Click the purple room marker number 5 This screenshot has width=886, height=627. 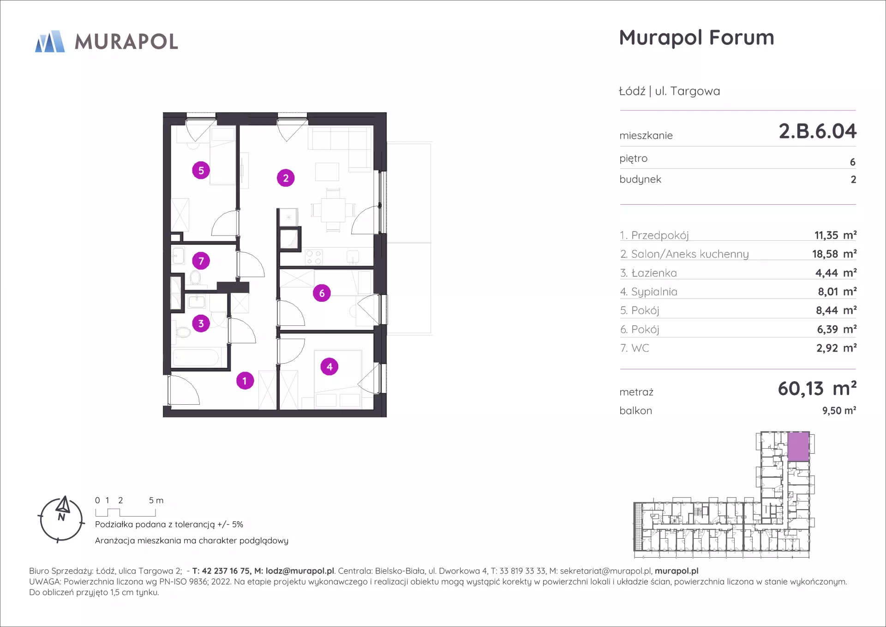tap(201, 170)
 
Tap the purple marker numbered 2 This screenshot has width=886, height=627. tap(286, 178)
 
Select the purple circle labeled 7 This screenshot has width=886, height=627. tap(201, 261)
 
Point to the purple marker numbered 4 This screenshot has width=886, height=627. tap(329, 367)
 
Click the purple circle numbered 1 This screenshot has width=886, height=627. tap(245, 381)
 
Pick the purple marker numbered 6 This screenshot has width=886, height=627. tap(322, 293)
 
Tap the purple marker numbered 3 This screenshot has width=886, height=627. tap(201, 323)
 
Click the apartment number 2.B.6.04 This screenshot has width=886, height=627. tap(817, 131)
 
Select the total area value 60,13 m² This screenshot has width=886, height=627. tap(817, 389)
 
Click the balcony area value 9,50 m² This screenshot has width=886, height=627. tap(839, 410)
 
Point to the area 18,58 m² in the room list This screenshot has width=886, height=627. tap(834, 254)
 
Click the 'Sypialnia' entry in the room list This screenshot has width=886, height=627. tap(654, 292)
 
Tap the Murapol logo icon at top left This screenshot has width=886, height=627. tap(50, 42)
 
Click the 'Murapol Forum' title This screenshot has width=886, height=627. tap(696, 38)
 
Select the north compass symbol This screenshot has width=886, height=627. tap(61, 519)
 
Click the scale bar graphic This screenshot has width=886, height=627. tap(126, 512)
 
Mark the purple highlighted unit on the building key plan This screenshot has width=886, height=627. tap(798, 446)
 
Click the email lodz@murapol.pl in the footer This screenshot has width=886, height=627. tap(299, 571)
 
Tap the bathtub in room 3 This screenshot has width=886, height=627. tap(196, 357)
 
